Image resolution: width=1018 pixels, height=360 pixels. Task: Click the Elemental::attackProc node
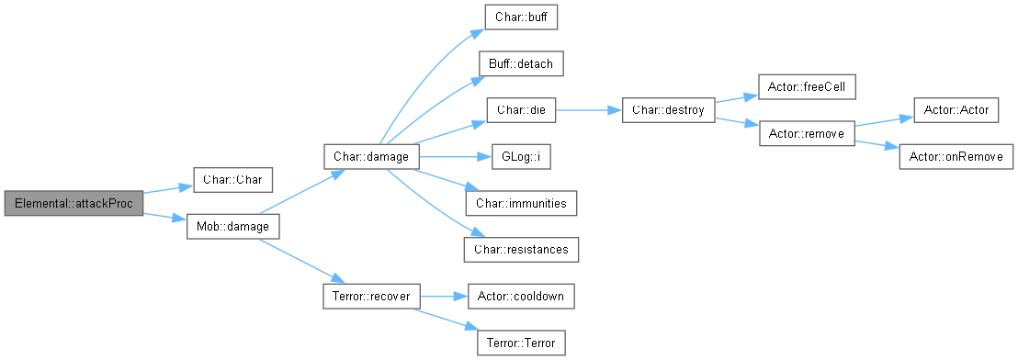click(x=74, y=204)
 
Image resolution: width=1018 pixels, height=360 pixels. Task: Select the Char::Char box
click(x=233, y=180)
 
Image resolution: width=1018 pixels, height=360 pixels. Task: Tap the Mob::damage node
click(x=233, y=227)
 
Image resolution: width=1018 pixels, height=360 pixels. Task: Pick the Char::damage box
click(x=371, y=156)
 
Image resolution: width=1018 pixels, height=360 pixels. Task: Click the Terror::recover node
click(x=371, y=297)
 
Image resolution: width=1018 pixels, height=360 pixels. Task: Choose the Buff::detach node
click(x=521, y=63)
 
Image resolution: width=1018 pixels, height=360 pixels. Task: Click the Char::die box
click(x=521, y=110)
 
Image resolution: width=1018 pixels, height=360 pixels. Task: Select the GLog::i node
click(x=521, y=157)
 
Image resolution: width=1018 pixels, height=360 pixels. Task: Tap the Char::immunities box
click(x=521, y=203)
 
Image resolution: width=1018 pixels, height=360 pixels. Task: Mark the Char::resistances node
click(x=521, y=250)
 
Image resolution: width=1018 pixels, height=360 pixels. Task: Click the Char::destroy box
click(x=668, y=110)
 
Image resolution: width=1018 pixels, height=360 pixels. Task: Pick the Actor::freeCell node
click(x=807, y=87)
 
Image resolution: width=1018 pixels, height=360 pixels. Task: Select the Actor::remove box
click(x=807, y=133)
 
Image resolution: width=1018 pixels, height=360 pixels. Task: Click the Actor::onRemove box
click(x=956, y=157)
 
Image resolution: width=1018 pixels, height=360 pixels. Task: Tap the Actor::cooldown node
click(x=521, y=297)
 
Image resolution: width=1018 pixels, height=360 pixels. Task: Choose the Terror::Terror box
click(x=521, y=343)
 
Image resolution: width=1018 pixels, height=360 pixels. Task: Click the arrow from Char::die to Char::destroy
click(x=589, y=110)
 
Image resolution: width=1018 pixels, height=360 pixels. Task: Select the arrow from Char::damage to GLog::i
click(x=456, y=157)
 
